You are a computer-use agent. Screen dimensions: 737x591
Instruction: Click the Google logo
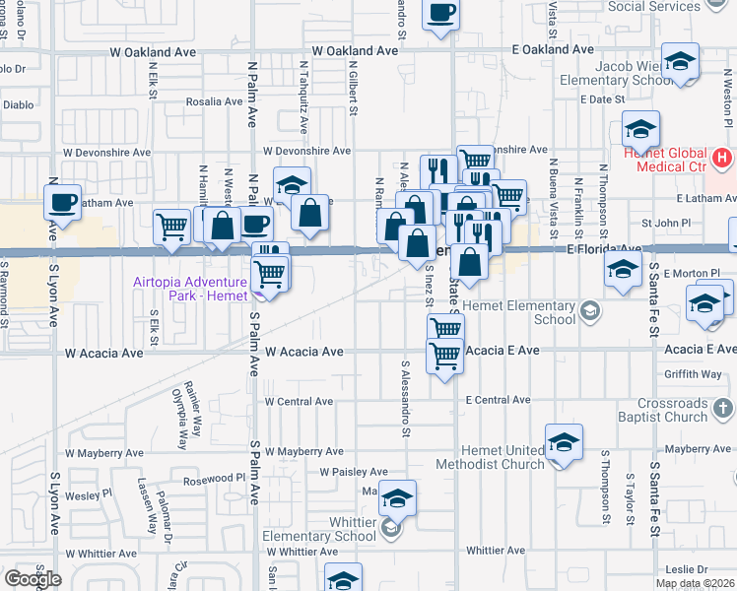33,579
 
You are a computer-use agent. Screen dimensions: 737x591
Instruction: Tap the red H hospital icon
722,157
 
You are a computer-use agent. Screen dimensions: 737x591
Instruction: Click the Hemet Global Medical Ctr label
665,160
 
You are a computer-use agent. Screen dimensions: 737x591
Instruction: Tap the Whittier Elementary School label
318,529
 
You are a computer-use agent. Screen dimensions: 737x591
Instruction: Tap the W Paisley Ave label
353,473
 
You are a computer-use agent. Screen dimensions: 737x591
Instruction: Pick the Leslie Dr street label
686,569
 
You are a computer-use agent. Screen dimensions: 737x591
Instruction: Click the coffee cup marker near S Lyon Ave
65,203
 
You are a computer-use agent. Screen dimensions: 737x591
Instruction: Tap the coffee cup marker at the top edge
440,14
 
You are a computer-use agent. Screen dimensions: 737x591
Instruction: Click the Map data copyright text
695,583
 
